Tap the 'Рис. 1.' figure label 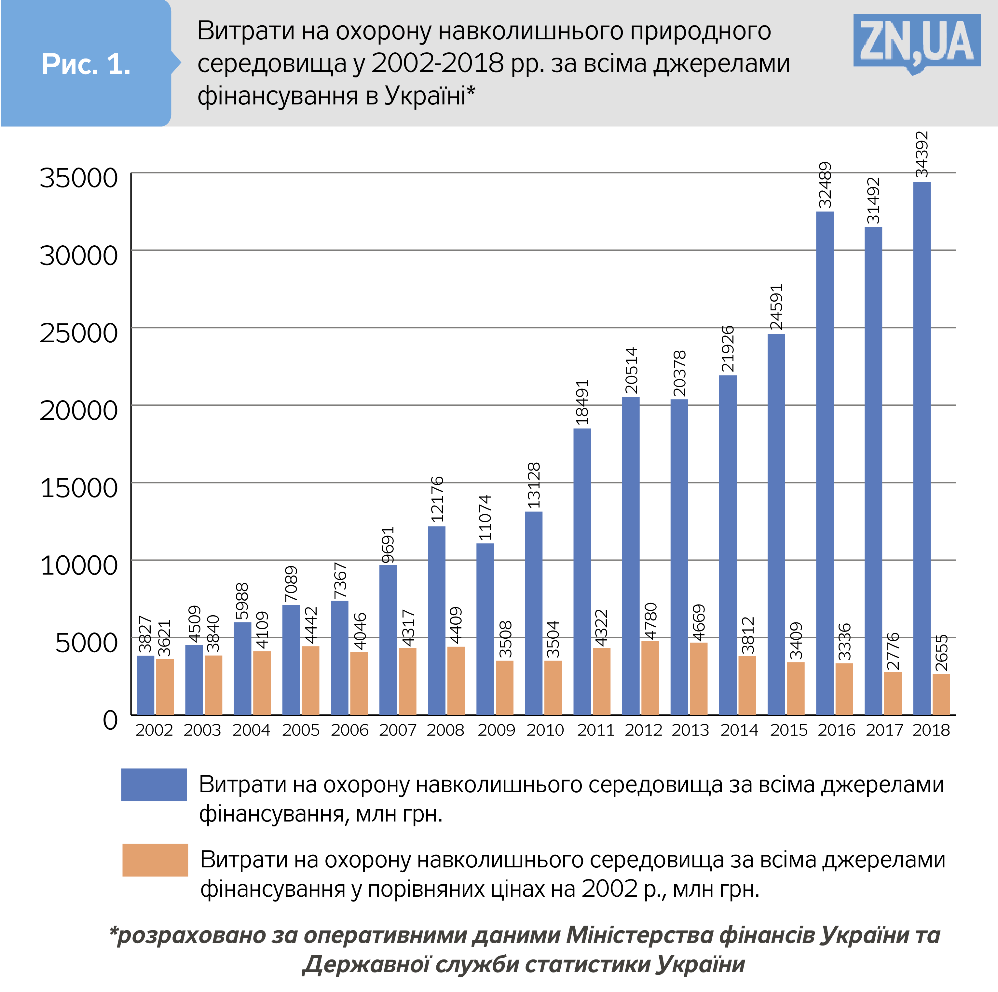pos(86,64)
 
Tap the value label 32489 pos(825,184)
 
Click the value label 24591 pos(776,307)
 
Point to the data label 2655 pos(942,653)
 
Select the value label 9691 pos(388,545)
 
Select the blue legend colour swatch pos(154,784)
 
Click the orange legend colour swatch pos(155,860)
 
